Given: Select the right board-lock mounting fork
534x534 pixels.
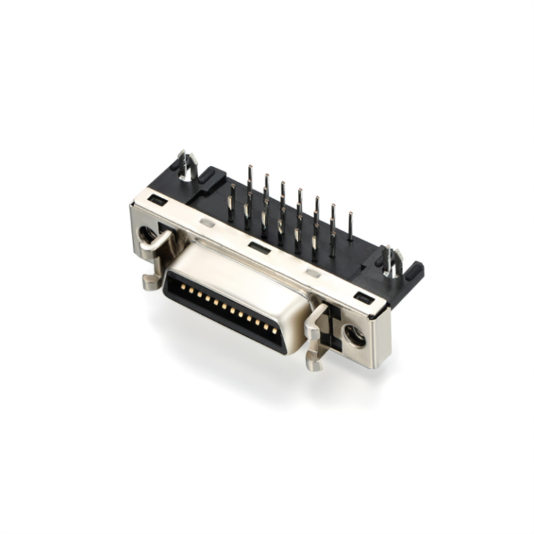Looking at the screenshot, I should (391, 263).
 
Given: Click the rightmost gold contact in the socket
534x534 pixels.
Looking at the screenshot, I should (275, 330).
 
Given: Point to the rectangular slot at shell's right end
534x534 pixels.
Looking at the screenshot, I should (364, 298).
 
